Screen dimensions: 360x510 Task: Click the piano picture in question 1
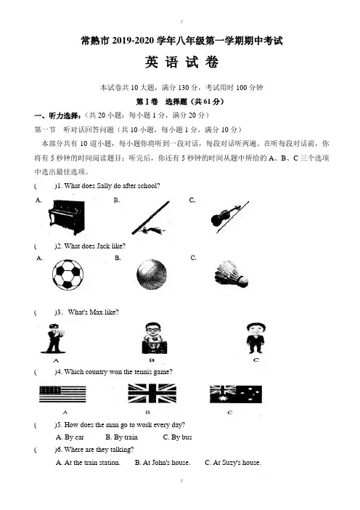coord(67,217)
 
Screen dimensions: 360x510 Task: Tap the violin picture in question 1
coord(229,216)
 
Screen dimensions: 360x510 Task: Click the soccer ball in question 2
coord(67,274)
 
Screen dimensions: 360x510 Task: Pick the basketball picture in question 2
coord(152,275)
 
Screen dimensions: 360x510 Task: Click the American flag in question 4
coord(62,394)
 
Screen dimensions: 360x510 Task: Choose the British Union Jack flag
coord(152,393)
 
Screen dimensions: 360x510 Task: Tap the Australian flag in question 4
coord(236,394)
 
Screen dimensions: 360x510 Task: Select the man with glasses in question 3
coord(155,339)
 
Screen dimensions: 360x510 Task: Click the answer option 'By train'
coord(121,437)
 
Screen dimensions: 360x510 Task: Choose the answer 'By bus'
coord(177,437)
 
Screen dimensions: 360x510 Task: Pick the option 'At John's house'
coord(163,463)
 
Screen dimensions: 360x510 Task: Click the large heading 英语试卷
coord(181,62)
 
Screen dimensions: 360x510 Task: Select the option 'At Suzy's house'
coord(233,463)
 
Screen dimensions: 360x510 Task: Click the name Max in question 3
coord(97,312)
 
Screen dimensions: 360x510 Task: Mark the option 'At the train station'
coord(88,463)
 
